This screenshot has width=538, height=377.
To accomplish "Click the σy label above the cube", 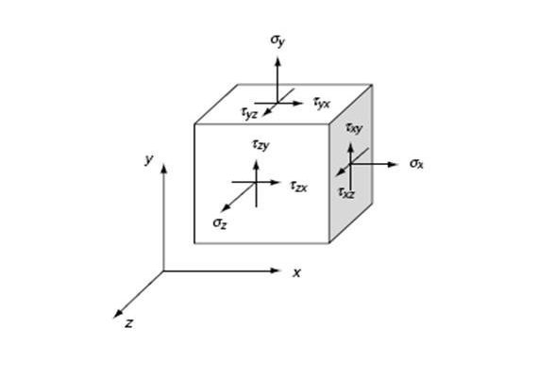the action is pyautogui.click(x=277, y=41).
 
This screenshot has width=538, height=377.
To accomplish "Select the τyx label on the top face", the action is pyautogui.click(x=322, y=103).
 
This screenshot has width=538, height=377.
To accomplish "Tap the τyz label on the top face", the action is pyautogui.click(x=249, y=113).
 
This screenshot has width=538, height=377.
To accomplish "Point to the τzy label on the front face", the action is pyautogui.click(x=261, y=144).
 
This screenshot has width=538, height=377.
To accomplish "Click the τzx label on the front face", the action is pyautogui.click(x=299, y=186).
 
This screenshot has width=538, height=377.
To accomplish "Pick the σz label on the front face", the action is pyautogui.click(x=220, y=223).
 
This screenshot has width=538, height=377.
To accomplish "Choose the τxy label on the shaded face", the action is pyautogui.click(x=354, y=128).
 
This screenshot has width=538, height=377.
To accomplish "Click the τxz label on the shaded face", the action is pyautogui.click(x=346, y=192).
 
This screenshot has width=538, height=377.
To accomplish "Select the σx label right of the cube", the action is pyautogui.click(x=416, y=163).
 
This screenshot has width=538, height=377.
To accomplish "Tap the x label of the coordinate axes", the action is pyautogui.click(x=296, y=273).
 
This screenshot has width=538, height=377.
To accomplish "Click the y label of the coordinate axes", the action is pyautogui.click(x=149, y=159).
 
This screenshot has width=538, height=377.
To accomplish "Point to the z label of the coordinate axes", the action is pyautogui.click(x=128, y=323).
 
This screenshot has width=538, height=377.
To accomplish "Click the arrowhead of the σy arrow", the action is pyautogui.click(x=277, y=62).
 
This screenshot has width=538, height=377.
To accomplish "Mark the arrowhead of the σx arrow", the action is pyautogui.click(x=393, y=164).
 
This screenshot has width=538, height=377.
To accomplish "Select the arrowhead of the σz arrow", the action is pyautogui.click(x=225, y=208).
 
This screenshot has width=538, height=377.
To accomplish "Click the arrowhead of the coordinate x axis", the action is pyautogui.click(x=276, y=270).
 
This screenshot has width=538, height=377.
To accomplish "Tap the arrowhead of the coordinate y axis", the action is pyautogui.click(x=164, y=169).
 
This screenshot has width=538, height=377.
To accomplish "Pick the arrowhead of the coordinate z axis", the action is pyautogui.click(x=118, y=314).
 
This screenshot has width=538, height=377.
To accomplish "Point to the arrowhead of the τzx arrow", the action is pyautogui.click(x=276, y=182).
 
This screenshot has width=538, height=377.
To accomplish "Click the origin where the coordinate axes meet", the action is pyautogui.click(x=163, y=271).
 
